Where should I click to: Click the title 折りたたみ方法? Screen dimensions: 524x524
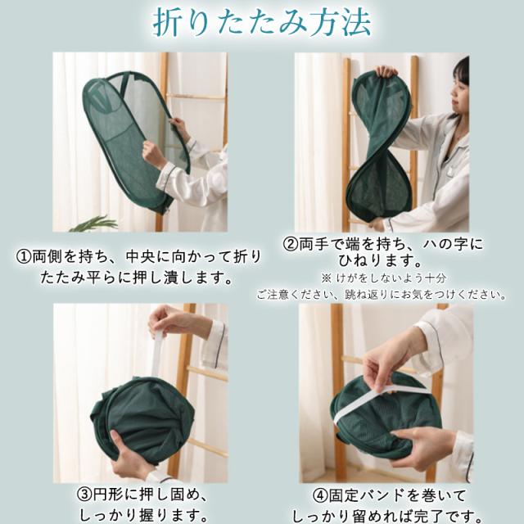(262, 24)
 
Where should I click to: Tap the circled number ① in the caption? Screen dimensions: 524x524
(24, 257)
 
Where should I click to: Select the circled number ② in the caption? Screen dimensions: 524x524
(290, 244)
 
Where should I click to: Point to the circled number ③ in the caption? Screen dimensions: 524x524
(84, 495)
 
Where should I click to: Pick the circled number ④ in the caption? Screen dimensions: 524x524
(320, 495)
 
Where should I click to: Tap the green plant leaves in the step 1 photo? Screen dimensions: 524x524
(93, 224)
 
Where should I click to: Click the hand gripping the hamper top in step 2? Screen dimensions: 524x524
(386, 71)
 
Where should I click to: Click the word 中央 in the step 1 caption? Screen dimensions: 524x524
(140, 257)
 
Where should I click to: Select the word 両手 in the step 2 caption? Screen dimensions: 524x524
(313, 244)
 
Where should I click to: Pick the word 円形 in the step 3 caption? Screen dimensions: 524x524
(106, 495)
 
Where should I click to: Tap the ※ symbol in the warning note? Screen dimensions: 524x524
(327, 278)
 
